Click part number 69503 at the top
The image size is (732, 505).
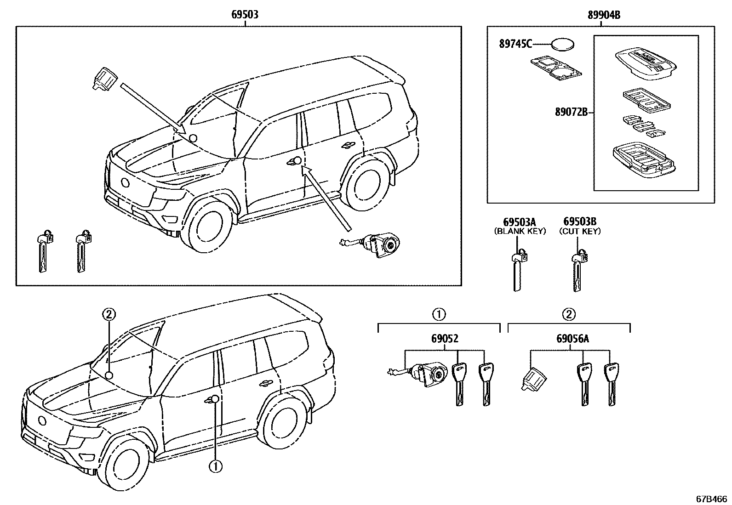click(x=244, y=15)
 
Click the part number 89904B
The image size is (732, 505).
click(x=603, y=15)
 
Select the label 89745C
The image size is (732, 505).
click(x=515, y=44)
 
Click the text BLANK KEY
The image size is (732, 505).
click(x=520, y=232)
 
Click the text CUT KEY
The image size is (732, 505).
click(x=580, y=232)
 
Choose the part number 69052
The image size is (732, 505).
click(x=445, y=339)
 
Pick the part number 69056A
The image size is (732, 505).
click(x=572, y=339)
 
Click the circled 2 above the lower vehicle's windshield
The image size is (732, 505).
click(x=109, y=315)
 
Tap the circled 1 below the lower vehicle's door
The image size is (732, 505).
click(x=215, y=467)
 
